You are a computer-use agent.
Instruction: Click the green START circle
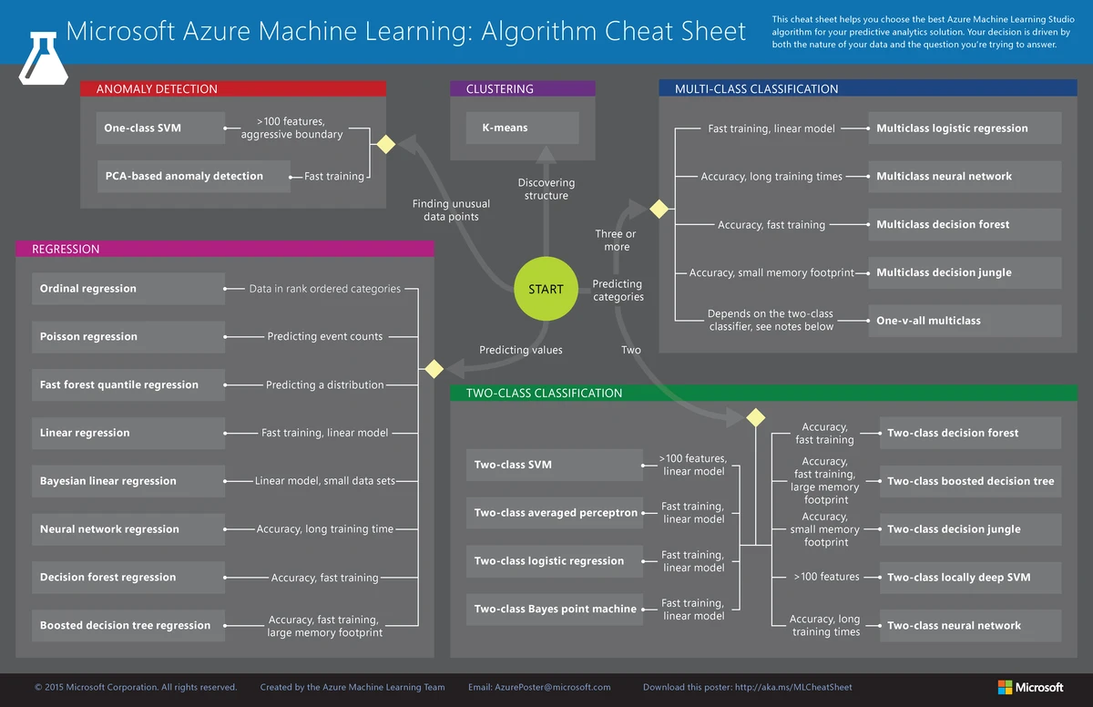(546, 290)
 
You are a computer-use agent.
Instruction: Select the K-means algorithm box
(523, 128)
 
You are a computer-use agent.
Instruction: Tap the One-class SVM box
(159, 128)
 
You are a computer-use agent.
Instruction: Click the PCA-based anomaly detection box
(193, 176)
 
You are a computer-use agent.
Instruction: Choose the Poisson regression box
(128, 336)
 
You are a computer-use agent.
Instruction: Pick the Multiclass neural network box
(964, 176)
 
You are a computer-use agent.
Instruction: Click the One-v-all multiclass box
(964, 321)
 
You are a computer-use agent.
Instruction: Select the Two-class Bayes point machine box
(555, 609)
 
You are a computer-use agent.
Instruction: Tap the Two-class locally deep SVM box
(970, 577)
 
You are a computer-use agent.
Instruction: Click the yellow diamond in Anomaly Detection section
(385, 144)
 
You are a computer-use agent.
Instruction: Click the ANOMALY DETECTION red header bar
(233, 89)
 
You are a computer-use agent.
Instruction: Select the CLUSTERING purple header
(522, 89)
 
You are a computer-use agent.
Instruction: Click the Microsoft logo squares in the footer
(1005, 687)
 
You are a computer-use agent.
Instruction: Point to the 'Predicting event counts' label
(324, 336)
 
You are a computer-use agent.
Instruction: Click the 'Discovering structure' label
(546, 190)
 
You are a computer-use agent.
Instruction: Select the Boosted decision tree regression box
(128, 625)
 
